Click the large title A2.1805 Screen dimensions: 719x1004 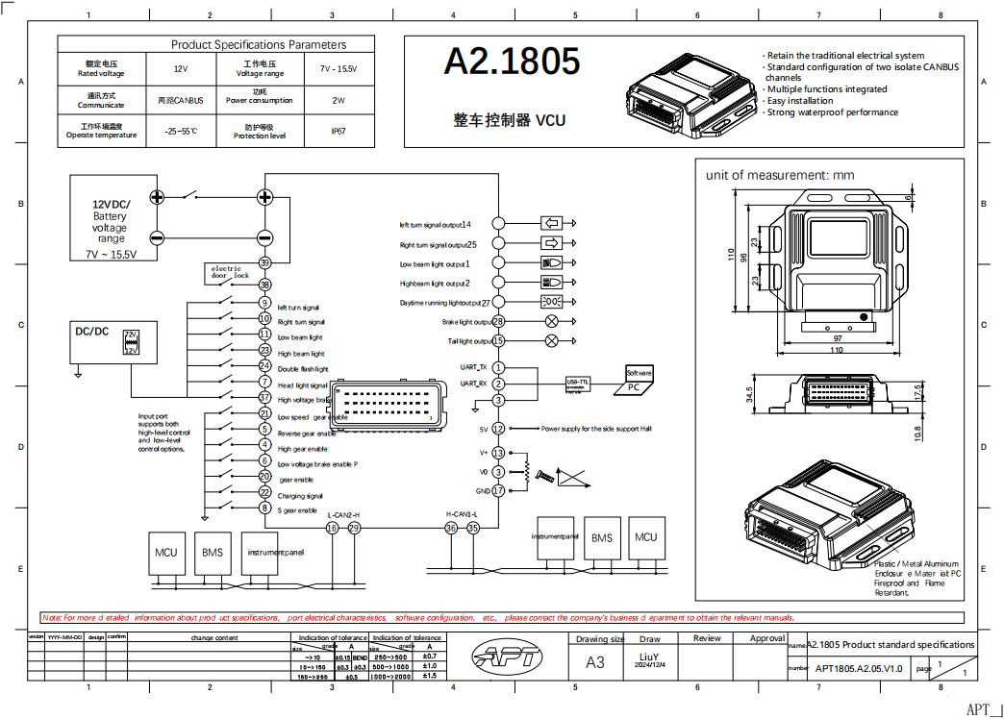pyautogui.click(x=512, y=62)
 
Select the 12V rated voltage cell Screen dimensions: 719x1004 pyautogui.click(x=181, y=69)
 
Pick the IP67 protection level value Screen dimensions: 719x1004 pyautogui.click(x=339, y=131)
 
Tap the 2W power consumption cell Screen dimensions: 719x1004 pyautogui.click(x=339, y=100)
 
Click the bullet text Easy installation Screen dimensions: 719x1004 pyautogui.click(x=800, y=101)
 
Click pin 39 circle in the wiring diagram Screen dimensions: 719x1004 pyautogui.click(x=264, y=262)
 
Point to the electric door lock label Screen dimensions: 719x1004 pyautogui.click(x=230, y=272)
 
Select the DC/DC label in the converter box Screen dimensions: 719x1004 pyautogui.click(x=92, y=332)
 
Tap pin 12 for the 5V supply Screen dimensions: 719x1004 pyautogui.click(x=498, y=429)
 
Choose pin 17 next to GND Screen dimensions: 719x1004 pyautogui.click(x=498, y=490)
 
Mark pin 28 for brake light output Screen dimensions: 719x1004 pyautogui.click(x=498, y=322)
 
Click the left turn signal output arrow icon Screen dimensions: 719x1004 pyautogui.click(x=552, y=224)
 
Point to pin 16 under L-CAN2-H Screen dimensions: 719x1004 pyautogui.click(x=332, y=528)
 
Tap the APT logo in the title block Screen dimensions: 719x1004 pyautogui.click(x=508, y=658)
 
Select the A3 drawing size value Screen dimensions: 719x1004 pyautogui.click(x=595, y=662)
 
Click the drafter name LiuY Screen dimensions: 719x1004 pyautogui.click(x=650, y=657)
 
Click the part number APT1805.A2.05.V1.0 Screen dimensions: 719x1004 pyautogui.click(x=859, y=667)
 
